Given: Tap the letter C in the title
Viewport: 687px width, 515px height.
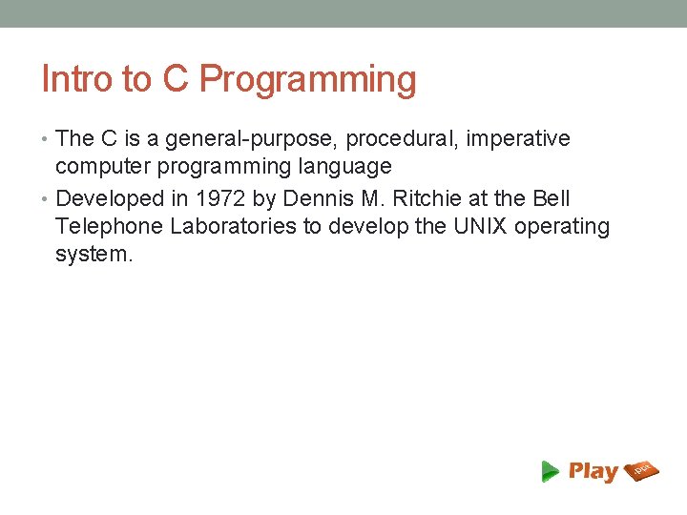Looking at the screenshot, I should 175,79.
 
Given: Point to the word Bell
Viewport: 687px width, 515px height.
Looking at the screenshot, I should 552,198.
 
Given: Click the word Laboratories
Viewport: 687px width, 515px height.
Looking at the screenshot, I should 232,227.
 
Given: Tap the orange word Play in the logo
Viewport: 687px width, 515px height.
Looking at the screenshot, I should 593,471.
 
